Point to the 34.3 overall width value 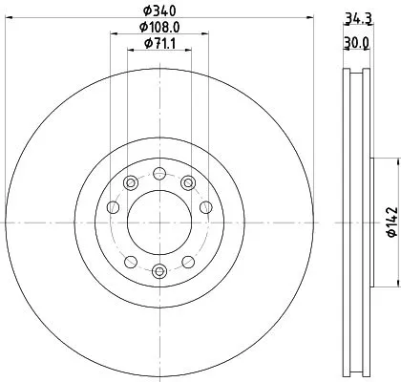(x=358, y=17)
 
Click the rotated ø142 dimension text (x=390, y=222)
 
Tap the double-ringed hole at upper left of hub (x=129, y=182)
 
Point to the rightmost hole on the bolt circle (x=204, y=208)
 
